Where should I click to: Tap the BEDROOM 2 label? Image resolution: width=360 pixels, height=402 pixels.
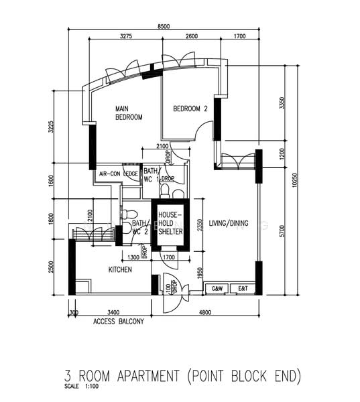(191, 109)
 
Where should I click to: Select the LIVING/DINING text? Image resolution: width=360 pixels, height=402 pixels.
(229, 224)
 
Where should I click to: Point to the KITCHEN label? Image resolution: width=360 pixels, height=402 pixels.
(120, 269)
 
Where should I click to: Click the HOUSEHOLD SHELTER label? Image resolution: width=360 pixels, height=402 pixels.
(170, 223)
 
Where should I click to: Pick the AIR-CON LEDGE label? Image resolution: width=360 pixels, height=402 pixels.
(119, 174)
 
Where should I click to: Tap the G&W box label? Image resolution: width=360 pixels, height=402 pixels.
(217, 289)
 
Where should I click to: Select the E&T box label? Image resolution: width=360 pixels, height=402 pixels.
(241, 289)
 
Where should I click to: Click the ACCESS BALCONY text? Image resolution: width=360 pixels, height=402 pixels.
(119, 322)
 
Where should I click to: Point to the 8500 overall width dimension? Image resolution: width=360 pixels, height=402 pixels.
(164, 26)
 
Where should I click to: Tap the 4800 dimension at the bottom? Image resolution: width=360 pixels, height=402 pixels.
(205, 312)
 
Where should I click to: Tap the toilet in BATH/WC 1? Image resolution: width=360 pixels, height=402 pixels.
(178, 193)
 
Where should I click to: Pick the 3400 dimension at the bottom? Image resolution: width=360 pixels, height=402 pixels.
(113, 312)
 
